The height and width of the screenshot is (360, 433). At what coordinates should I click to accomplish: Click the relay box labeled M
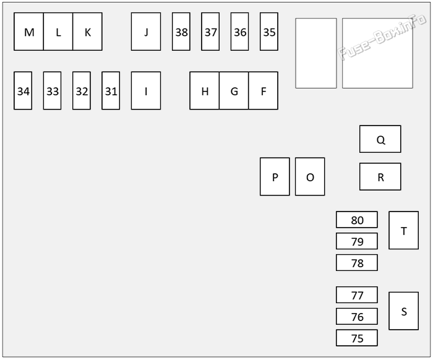(x=28, y=32)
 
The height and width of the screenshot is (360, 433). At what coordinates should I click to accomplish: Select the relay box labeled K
(x=88, y=32)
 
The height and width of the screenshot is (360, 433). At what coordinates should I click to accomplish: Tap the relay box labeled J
(x=146, y=32)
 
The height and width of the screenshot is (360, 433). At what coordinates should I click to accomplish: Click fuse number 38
(x=181, y=32)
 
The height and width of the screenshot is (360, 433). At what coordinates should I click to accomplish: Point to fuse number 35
(x=269, y=32)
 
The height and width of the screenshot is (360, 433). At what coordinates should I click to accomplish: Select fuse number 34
(x=23, y=90)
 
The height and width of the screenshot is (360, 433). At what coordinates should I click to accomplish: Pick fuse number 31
(x=111, y=90)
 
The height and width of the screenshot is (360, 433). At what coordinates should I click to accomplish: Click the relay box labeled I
(x=146, y=90)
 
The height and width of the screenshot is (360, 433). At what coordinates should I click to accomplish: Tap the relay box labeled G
(x=234, y=90)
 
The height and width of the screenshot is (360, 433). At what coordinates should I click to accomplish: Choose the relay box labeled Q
(x=380, y=139)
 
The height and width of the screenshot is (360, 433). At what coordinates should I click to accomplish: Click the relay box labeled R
(x=380, y=177)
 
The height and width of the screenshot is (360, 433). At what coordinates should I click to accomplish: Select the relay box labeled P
(x=275, y=177)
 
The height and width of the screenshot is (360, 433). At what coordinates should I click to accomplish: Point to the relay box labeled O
(x=310, y=177)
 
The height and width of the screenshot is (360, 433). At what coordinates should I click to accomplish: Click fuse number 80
(x=357, y=220)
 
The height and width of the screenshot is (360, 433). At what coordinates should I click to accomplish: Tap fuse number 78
(x=357, y=262)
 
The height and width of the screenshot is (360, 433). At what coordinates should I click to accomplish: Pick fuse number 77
(x=357, y=295)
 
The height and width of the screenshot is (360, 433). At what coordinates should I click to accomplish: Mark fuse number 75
(x=357, y=338)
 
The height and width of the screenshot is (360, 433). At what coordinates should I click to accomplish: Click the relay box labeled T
(x=404, y=230)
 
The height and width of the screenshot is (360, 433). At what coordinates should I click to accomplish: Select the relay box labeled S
(x=404, y=311)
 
